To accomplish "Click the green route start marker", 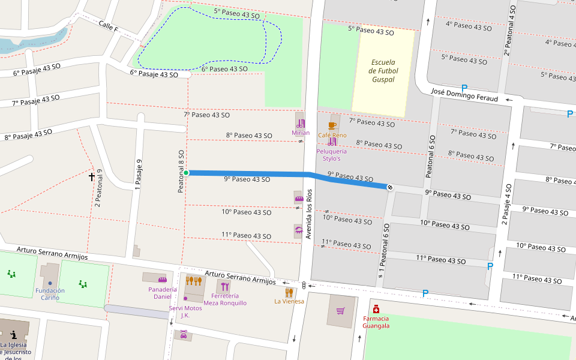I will point(186,173).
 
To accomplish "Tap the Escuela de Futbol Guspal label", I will point(383,71).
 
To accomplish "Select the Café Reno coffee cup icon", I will point(332,125).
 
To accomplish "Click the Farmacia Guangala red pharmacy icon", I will point(376,309).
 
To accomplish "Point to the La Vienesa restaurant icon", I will point(289,292).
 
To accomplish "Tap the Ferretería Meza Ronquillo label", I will point(225,299).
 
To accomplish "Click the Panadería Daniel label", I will point(162,293).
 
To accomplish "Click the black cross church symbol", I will point(92,176).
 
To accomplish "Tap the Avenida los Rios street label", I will point(310,214).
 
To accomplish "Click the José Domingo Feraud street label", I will point(465,94).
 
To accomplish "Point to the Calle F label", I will point(109,27).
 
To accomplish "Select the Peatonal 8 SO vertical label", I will point(181,171).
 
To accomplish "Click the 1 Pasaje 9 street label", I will point(138,175).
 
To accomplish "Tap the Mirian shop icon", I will point(300,122).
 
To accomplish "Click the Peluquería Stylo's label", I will point(332,155).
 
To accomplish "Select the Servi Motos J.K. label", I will point(185,311).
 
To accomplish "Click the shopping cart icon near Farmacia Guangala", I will point(341,311).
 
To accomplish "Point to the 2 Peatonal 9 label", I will point(98,188).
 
